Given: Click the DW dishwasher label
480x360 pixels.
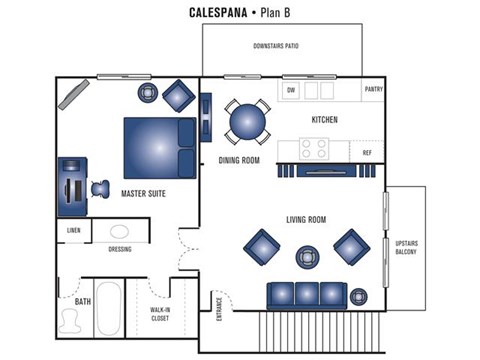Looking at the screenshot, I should (291, 90).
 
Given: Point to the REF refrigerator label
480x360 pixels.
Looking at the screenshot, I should (367, 152).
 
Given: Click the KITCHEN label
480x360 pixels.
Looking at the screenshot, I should (324, 120).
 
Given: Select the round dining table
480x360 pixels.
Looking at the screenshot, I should (247, 122).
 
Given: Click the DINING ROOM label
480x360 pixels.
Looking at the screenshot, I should (239, 160).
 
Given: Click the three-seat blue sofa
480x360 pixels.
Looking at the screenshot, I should (305, 295).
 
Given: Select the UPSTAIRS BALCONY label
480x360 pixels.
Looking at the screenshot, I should (406, 247).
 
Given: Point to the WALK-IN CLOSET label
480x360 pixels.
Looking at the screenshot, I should (161, 317).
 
